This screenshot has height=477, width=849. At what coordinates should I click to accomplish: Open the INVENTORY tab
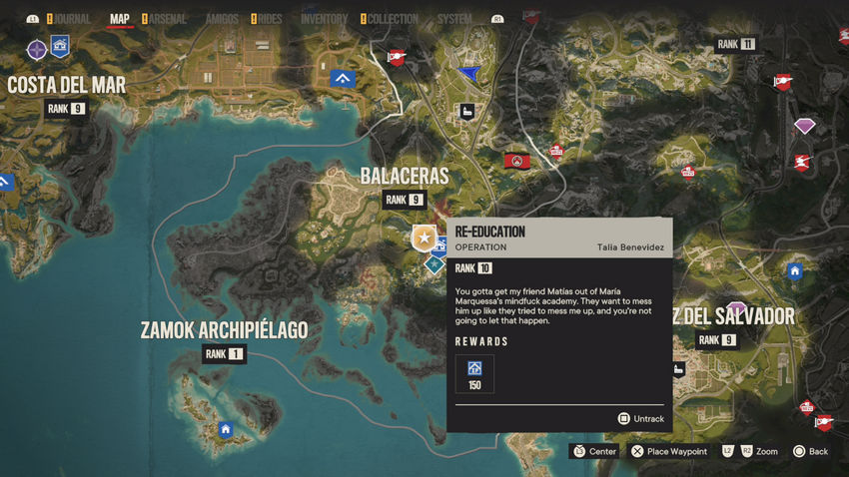(x=324, y=18)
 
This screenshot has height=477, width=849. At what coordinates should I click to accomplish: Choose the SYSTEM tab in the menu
(x=454, y=18)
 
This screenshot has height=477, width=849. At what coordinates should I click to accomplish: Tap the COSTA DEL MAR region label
(x=67, y=85)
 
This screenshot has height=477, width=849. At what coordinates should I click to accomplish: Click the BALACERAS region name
(x=404, y=176)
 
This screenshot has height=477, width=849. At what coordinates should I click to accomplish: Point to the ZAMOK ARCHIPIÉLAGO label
(x=224, y=329)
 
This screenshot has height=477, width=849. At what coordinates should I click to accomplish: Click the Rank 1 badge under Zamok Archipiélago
(x=224, y=354)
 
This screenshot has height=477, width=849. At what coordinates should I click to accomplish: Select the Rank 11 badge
(x=736, y=44)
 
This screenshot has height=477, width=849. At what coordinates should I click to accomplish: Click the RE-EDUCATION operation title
(x=489, y=232)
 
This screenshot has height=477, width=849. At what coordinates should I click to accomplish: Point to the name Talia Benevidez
(x=630, y=247)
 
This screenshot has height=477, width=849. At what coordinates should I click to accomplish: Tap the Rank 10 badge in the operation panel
(x=473, y=268)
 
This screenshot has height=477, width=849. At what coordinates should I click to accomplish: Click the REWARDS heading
(x=481, y=341)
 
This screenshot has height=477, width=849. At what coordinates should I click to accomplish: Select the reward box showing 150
(x=474, y=373)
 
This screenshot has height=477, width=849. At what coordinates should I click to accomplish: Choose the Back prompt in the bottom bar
(x=810, y=451)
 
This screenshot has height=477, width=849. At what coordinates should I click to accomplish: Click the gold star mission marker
(x=424, y=238)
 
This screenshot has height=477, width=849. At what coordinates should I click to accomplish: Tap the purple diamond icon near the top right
(x=804, y=125)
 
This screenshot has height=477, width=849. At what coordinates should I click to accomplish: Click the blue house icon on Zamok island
(x=226, y=429)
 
